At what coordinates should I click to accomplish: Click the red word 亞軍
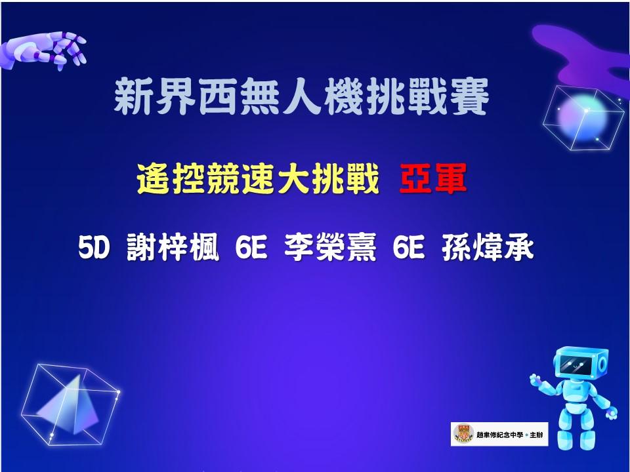pos(433,178)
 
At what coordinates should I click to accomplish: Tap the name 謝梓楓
pos(173,247)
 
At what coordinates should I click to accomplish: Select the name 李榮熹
pos(330,247)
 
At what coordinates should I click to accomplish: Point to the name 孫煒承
pos(488,247)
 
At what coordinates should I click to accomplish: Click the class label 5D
pos(94,247)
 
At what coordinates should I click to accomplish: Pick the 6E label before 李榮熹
pos(251,247)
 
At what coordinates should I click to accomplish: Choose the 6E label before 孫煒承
pos(409,247)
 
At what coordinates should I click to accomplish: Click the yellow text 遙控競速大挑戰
pos(258,178)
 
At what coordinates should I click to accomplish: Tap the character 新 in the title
pos(134,97)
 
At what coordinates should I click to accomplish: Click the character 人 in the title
pos(301,97)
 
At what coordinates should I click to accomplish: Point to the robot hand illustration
pos(43,50)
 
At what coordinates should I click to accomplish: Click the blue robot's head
pos(581,363)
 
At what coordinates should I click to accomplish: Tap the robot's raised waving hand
pos(536,380)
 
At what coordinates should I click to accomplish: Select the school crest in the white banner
pos(463,434)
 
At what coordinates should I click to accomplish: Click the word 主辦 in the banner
pos(536,435)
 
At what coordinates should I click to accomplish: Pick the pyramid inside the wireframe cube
pos(71,405)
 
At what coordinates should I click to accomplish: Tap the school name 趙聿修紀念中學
pos(500,435)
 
